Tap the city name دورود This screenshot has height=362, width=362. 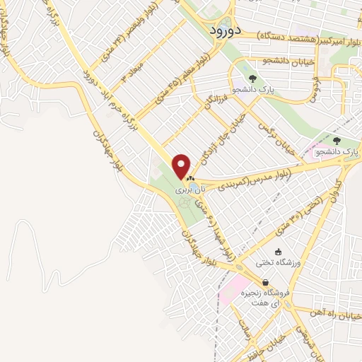click(x=226, y=31)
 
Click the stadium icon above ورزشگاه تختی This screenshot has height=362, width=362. click(x=279, y=251)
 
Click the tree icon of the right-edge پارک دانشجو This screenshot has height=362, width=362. click(x=337, y=141)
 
